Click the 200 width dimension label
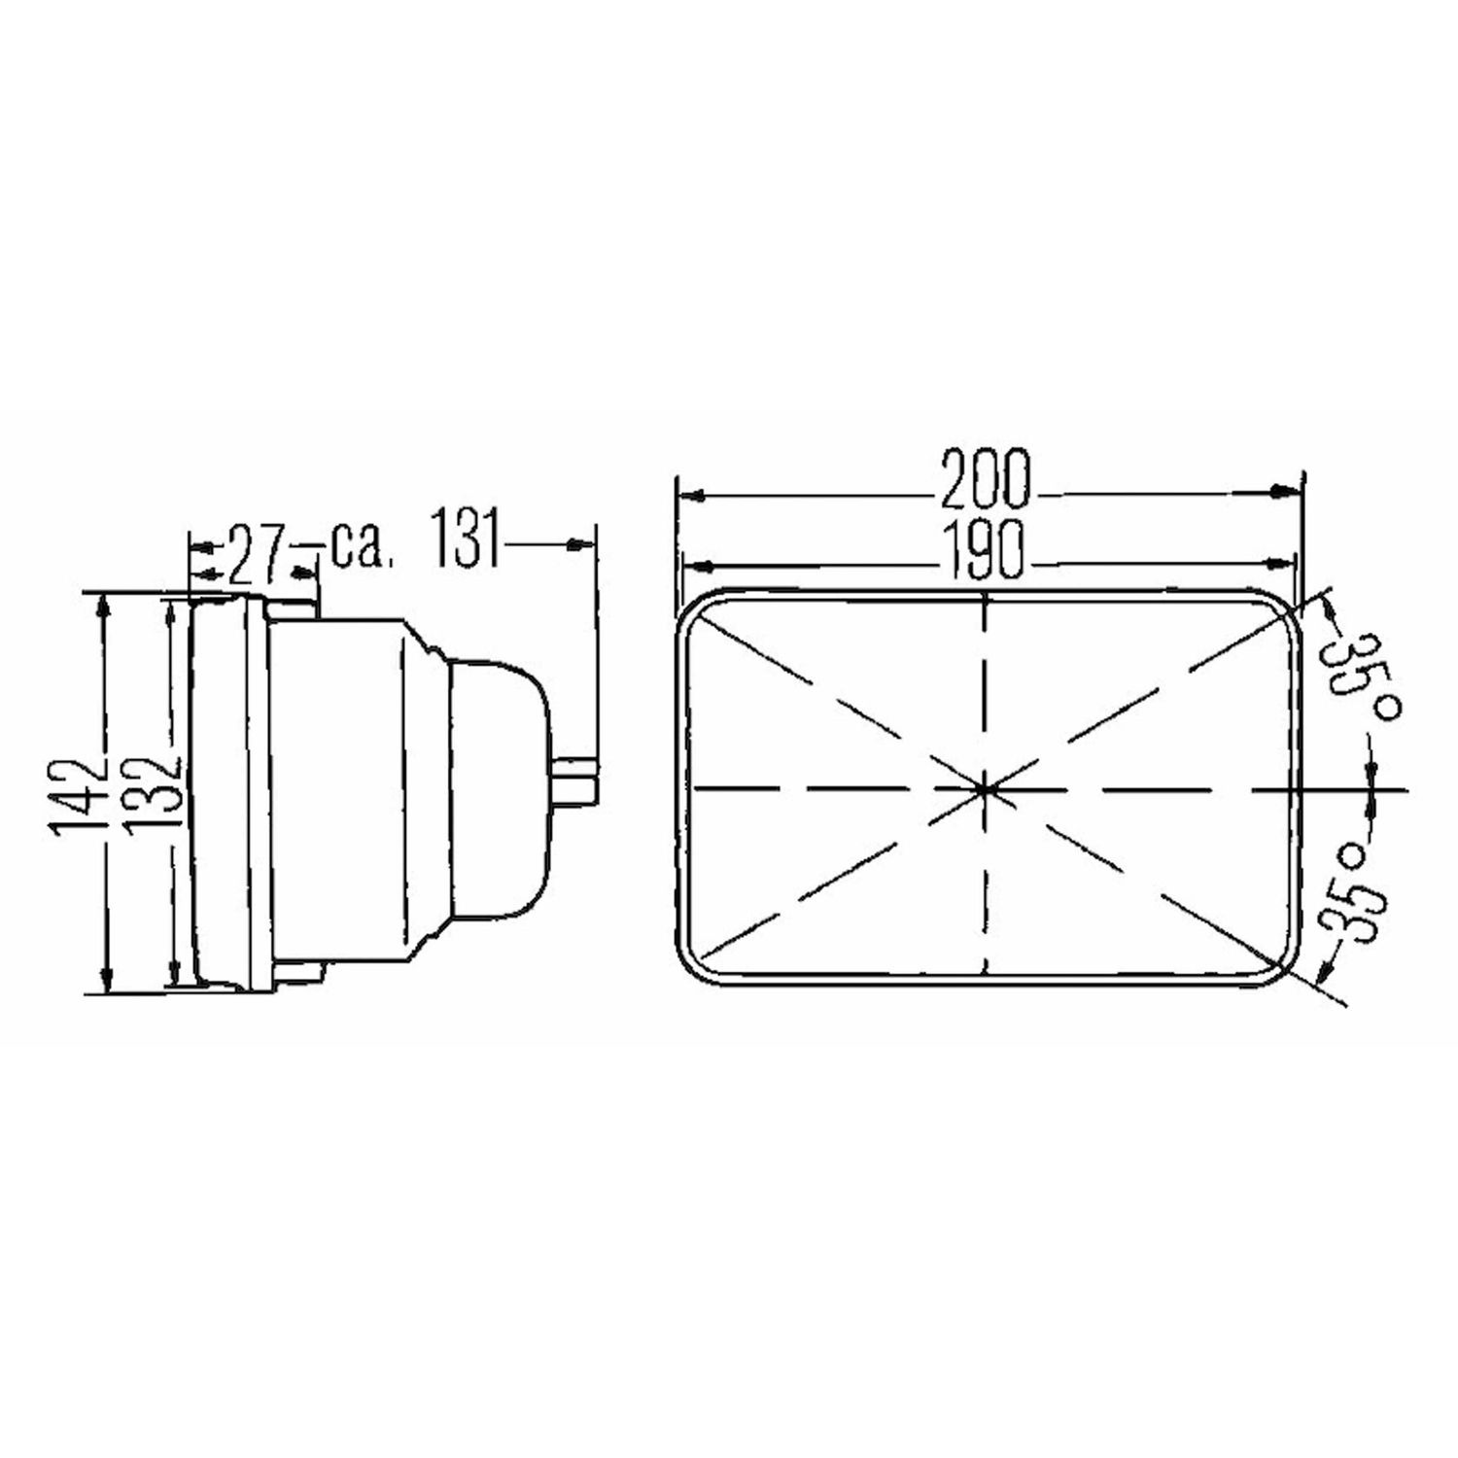(x=984, y=480)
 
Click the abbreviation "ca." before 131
(x=363, y=549)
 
